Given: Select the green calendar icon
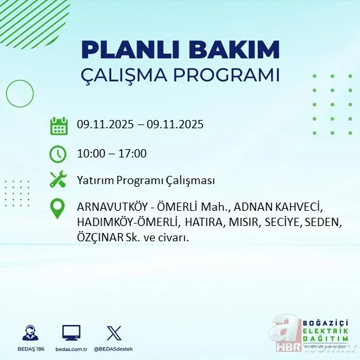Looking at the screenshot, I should (58, 126).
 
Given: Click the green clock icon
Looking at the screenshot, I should (58, 154).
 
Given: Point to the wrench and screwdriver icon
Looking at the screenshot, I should (58, 180).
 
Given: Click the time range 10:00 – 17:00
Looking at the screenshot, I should (112, 154).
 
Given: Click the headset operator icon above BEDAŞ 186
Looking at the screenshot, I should (29, 333).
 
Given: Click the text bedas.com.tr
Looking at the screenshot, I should (71, 349).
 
